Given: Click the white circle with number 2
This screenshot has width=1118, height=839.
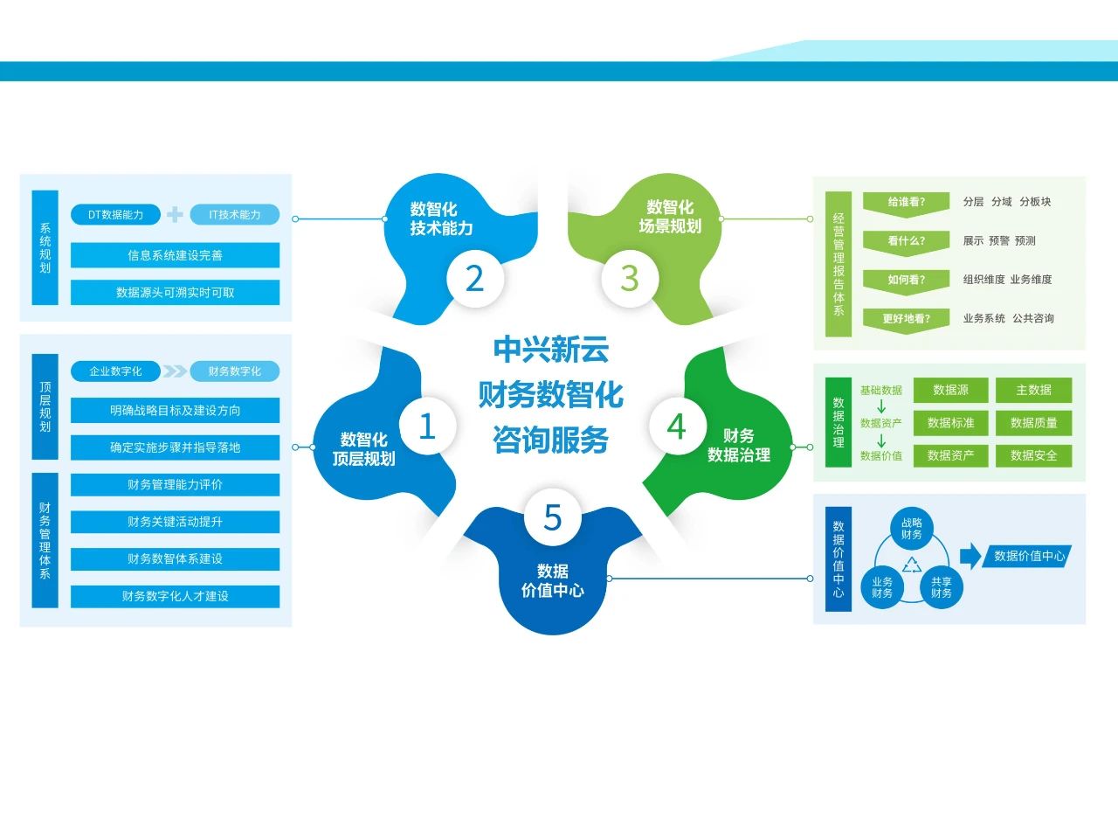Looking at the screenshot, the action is (x=474, y=279).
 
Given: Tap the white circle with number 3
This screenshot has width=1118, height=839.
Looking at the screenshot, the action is (x=630, y=279).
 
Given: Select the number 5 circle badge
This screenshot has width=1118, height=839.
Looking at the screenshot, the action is (x=553, y=517).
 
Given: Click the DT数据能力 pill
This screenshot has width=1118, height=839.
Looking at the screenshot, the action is (x=115, y=214).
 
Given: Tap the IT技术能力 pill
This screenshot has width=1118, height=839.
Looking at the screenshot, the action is (x=235, y=214).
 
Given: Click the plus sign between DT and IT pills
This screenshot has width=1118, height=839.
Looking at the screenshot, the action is (x=175, y=214).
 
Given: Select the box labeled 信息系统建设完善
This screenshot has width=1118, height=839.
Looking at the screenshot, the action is (x=175, y=255).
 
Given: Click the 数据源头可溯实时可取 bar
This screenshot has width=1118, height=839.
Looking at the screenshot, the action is (x=175, y=293).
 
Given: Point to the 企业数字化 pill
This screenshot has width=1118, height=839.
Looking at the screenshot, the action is (x=115, y=371).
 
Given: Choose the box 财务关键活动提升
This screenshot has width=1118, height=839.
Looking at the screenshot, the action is (x=175, y=522).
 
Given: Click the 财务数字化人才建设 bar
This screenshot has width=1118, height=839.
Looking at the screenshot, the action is (x=175, y=596).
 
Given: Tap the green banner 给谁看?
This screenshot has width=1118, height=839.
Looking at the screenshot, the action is (x=906, y=205).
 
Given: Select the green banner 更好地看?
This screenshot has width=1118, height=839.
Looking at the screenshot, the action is (x=906, y=321).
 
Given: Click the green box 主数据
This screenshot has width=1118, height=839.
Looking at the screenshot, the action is (x=1034, y=390).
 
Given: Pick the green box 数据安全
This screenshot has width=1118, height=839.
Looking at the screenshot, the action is (x=1034, y=455).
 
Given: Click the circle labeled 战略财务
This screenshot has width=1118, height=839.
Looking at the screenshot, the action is (x=912, y=529).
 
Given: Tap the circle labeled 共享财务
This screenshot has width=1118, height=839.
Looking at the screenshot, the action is (x=942, y=587).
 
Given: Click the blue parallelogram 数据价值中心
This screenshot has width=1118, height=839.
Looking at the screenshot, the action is (x=1026, y=556).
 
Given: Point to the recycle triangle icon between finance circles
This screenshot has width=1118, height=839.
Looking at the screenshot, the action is (x=912, y=565).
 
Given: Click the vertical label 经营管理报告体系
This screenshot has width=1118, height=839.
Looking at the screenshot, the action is (x=838, y=264).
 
